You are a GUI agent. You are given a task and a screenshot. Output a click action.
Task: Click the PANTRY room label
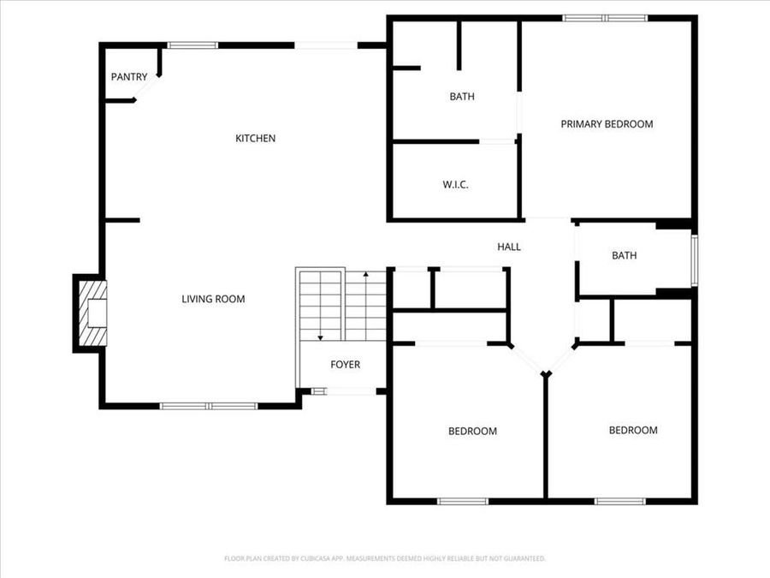[129, 77]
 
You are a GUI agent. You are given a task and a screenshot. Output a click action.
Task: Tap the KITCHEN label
[255, 138]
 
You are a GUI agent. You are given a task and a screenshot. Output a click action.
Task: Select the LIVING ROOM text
[213, 299]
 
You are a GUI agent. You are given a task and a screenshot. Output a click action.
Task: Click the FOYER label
[345, 365]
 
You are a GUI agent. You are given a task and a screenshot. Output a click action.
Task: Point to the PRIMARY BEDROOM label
[607, 124]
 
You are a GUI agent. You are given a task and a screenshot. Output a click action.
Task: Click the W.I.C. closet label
[455, 185]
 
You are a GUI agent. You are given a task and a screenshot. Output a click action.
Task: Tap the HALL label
[509, 247]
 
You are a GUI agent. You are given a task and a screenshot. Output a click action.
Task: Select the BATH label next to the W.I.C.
[462, 97]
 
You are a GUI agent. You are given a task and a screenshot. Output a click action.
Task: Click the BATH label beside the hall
[624, 255]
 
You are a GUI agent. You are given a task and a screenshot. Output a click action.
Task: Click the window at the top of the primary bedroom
[605, 17]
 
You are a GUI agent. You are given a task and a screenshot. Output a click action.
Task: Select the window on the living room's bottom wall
[209, 405]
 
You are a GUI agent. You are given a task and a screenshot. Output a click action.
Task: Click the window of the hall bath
[695, 259]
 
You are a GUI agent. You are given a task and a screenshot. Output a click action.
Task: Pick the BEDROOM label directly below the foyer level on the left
[472, 431]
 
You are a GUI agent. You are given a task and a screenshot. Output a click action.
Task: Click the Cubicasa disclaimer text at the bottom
[385, 558]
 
